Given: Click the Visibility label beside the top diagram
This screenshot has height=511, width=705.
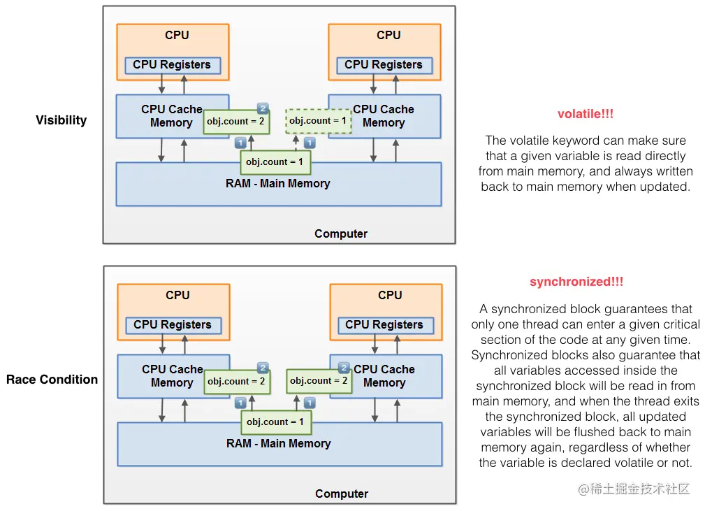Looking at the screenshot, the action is (x=61, y=120).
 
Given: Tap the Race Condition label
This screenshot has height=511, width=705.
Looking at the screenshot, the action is (x=52, y=380).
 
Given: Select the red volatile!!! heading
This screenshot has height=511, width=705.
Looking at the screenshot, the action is (x=586, y=114).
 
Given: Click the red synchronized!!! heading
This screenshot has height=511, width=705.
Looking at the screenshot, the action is (x=576, y=282).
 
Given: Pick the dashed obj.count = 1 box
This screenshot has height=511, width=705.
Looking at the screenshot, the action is (x=319, y=120).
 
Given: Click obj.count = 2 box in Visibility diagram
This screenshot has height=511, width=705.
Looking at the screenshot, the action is (x=236, y=122).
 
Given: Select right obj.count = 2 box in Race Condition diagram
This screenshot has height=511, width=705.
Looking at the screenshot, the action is (x=319, y=381).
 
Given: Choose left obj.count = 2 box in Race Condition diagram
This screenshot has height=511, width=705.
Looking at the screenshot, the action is (x=237, y=382).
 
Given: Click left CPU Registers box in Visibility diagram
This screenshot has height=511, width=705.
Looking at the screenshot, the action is (x=172, y=65).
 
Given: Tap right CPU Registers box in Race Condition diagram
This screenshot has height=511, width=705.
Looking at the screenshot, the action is (x=385, y=325).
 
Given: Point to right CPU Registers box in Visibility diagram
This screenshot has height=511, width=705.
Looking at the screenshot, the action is (x=384, y=65).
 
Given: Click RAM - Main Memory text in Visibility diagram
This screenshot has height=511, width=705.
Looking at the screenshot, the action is (x=278, y=184).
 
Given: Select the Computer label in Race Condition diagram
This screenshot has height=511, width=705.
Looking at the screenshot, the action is (x=342, y=494).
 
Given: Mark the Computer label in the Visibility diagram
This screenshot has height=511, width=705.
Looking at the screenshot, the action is (x=341, y=234).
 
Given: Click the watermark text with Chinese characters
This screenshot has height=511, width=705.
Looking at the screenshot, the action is (x=634, y=489).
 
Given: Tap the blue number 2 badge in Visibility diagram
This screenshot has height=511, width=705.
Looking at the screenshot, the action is (x=263, y=108).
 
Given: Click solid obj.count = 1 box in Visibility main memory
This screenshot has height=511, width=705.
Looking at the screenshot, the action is (x=275, y=162).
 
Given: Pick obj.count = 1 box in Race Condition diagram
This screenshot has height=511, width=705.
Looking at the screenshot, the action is (x=276, y=422).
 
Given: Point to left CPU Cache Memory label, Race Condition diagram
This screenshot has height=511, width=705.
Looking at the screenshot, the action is (x=173, y=376).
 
